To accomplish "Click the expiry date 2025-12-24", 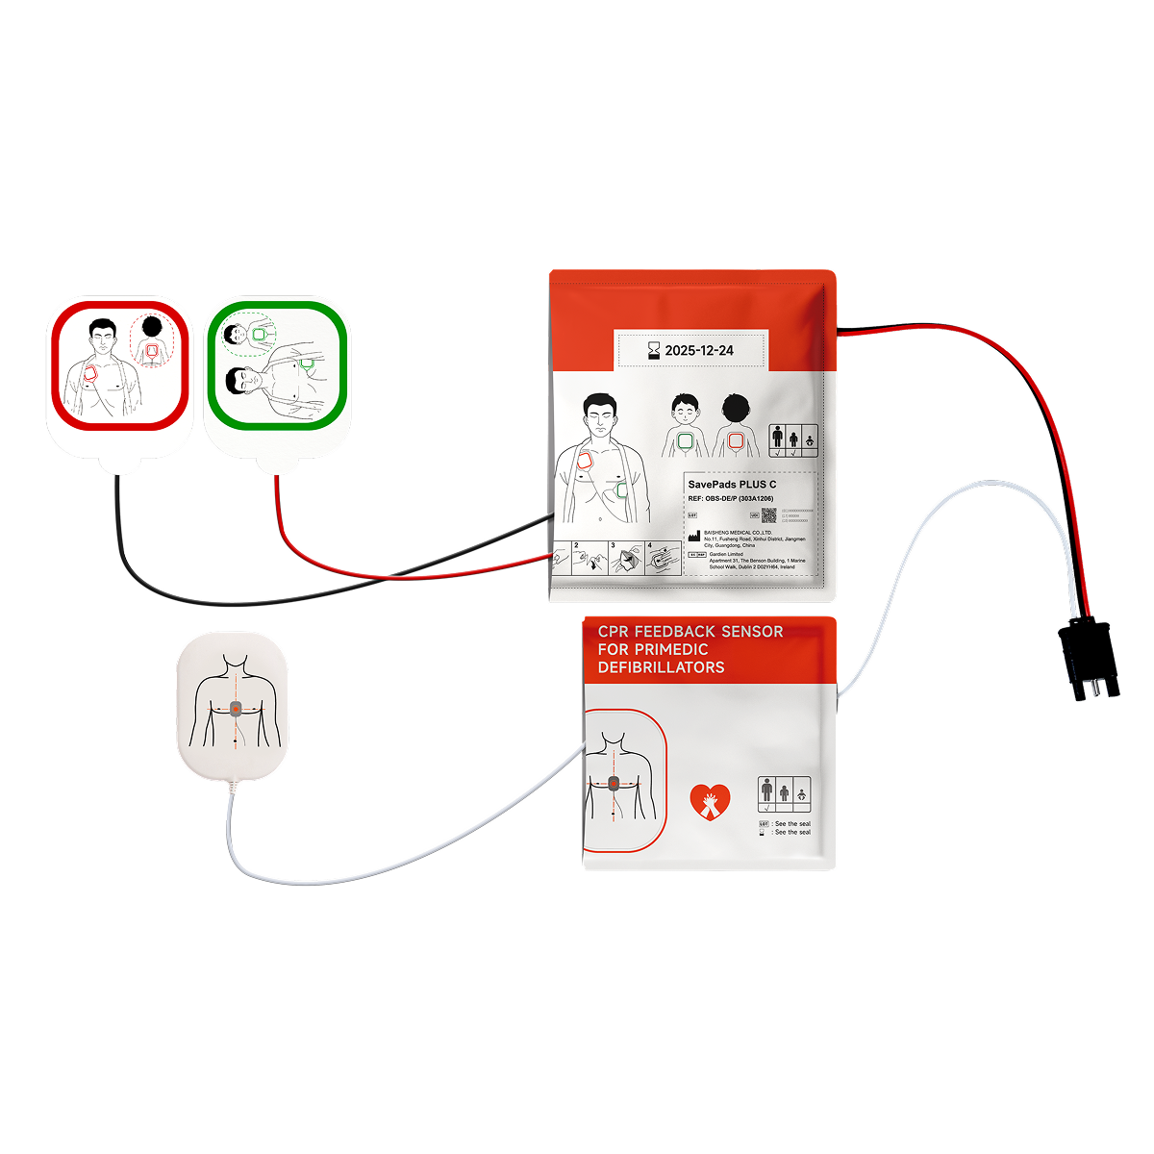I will [x=698, y=351].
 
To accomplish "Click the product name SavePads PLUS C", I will [x=732, y=485].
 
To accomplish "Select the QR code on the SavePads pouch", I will [x=768, y=514].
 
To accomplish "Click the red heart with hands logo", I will [x=710, y=801].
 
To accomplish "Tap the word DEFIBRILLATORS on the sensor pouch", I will [x=661, y=667].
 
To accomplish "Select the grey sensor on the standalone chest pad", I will [x=236, y=709].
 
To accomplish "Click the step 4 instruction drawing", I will [x=663, y=561].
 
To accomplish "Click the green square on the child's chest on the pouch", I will [x=685, y=440].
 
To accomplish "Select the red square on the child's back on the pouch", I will [x=737, y=440].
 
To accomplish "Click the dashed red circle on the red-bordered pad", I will [x=149, y=339].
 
